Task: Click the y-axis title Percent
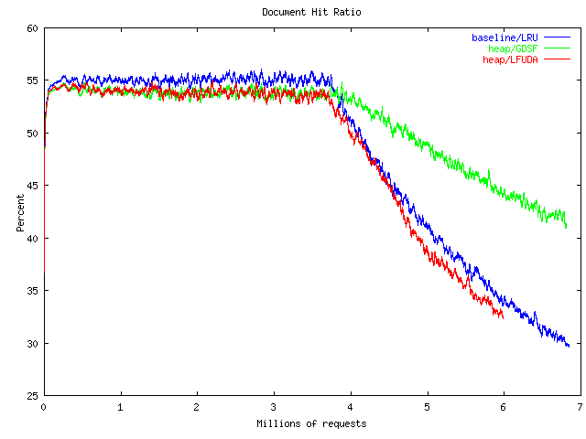tap(20, 212)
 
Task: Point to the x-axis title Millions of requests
tap(311, 423)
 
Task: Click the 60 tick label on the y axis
tap(30, 28)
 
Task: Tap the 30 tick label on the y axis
tap(30, 344)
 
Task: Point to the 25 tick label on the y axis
tap(30, 396)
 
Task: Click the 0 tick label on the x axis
tap(43, 408)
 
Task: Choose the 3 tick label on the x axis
tap(273, 408)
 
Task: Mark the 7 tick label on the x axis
tap(580, 408)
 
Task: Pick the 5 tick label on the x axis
tap(427, 408)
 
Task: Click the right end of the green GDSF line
tap(567, 227)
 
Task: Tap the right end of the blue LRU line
tap(569, 347)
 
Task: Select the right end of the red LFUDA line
tap(503, 317)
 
